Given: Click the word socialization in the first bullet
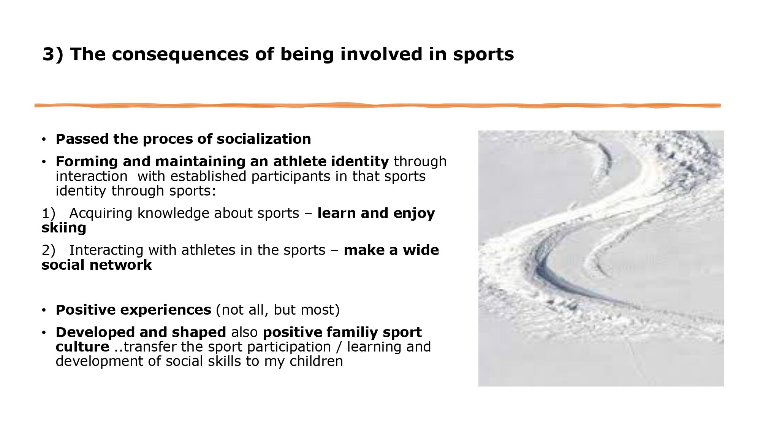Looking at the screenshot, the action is (x=264, y=139).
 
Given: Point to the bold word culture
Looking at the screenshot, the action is (x=82, y=347).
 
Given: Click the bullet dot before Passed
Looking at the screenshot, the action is (x=44, y=140).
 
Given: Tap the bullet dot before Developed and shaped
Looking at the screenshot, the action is (x=44, y=333).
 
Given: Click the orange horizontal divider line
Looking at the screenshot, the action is (x=378, y=105).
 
